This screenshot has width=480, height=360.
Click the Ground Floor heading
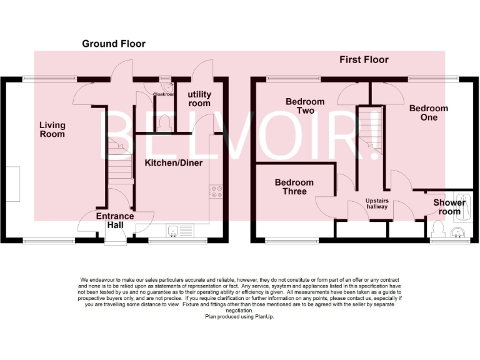[114, 44]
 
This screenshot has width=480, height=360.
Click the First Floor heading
[364, 60]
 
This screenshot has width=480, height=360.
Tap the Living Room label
[52, 130]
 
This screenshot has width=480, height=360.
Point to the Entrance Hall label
[114, 221]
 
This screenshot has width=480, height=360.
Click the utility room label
[199, 99]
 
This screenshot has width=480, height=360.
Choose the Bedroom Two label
[305, 106]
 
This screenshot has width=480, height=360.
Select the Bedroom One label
[428, 112]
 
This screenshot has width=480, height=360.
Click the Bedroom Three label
[294, 187]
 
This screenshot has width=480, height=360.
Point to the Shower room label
[449, 207]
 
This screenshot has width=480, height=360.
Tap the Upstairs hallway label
[377, 204]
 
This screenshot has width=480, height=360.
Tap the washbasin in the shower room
[459, 233]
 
